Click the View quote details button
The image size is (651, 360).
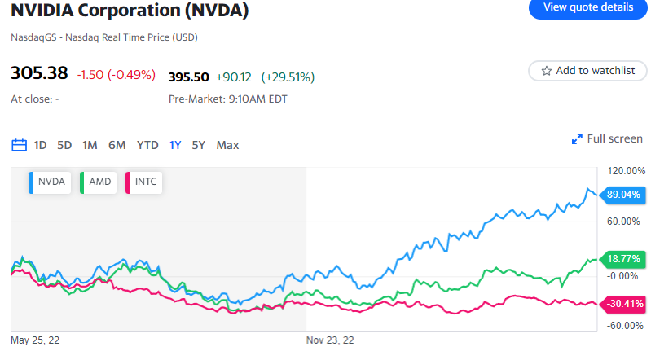587,7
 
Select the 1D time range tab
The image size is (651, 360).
40,145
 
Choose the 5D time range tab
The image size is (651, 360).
64,145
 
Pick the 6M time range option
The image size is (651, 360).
117,145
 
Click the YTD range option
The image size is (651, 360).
147,145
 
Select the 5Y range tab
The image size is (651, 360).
198,145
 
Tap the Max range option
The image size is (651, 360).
227,145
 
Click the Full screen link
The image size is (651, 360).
607,138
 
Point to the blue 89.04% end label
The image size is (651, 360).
624,195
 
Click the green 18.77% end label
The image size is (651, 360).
624,259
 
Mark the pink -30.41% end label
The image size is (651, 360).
624,303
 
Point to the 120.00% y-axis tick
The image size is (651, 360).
626,171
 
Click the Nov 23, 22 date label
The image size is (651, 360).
330,340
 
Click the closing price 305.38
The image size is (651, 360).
38,73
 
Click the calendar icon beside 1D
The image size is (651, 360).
20,145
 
